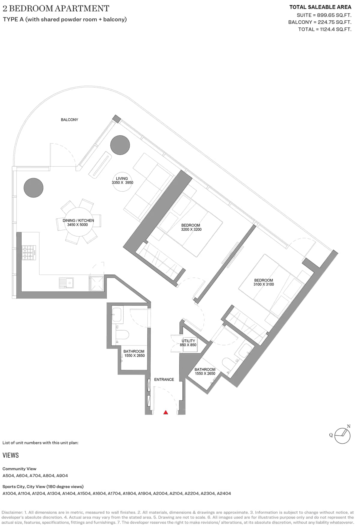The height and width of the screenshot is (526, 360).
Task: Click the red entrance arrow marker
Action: (x=166, y=412)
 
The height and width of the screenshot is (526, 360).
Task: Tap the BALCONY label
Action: (x=69, y=120)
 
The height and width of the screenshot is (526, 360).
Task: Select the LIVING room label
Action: (x=122, y=178)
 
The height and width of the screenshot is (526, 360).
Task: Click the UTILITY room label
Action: (x=188, y=341)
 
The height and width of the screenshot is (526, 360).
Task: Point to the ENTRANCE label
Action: (x=164, y=379)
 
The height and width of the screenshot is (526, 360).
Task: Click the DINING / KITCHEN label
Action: (x=78, y=220)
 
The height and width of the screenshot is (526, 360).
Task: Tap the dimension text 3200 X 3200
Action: (x=191, y=229)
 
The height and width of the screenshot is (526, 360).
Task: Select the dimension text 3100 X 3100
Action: (x=264, y=284)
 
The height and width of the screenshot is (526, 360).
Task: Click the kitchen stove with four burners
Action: (x=28, y=253)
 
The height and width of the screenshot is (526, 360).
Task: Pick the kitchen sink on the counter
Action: (x=66, y=283)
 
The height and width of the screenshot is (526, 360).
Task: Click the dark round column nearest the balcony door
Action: (x=120, y=145)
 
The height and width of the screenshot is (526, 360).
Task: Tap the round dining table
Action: (x=79, y=223)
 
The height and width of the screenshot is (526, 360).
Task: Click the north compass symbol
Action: (x=342, y=435)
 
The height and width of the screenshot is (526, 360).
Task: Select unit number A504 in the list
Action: (x=8, y=475)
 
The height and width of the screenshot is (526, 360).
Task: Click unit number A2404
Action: (x=224, y=493)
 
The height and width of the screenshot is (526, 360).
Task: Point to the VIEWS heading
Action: (x=10, y=455)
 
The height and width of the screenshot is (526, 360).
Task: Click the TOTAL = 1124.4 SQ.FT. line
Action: (x=325, y=29)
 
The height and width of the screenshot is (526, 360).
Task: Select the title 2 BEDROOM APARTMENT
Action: (x=56, y=8)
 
